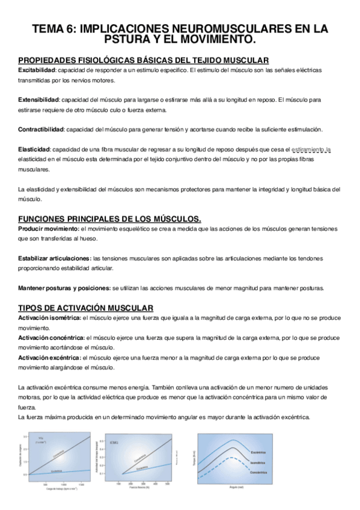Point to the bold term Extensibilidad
click(x=39, y=99)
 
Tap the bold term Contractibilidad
click(x=41, y=129)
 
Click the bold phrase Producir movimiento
click(x=48, y=229)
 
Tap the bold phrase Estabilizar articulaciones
click(x=55, y=259)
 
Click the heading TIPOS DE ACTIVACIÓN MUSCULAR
click(x=86, y=307)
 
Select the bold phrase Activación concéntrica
click(x=51, y=338)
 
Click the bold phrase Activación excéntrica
click(x=50, y=358)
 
